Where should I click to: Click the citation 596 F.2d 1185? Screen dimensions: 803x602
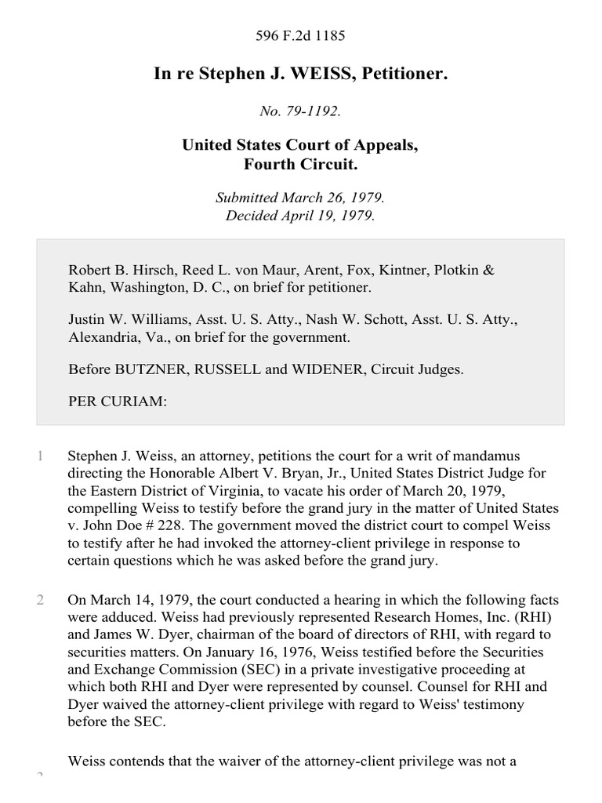point(301,35)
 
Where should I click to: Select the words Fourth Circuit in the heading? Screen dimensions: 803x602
point(301,165)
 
